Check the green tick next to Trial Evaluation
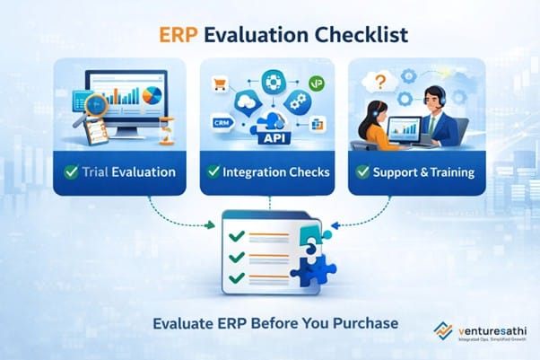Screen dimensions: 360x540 72,171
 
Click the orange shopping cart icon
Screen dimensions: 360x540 216,85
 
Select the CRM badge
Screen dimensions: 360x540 222,119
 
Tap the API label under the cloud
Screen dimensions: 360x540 270,137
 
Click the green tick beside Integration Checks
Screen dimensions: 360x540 214,171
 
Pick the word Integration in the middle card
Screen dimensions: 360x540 255,171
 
